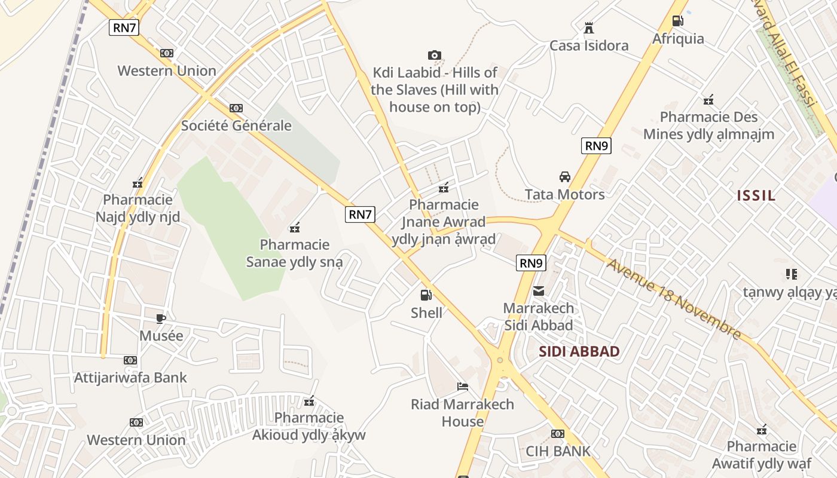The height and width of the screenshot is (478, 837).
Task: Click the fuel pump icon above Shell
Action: click(x=426, y=295)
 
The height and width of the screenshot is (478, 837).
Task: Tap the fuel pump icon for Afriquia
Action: click(x=678, y=21)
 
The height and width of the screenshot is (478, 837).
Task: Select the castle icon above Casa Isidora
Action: click(x=589, y=27)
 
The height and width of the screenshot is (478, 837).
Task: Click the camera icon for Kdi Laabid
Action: click(x=435, y=55)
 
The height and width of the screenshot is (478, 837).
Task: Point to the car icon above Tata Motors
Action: click(x=564, y=177)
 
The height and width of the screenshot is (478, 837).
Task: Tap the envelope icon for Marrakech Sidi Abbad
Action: click(x=539, y=291)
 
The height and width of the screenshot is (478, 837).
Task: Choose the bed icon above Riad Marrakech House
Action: click(x=462, y=387)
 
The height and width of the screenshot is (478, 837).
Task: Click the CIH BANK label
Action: click(x=558, y=451)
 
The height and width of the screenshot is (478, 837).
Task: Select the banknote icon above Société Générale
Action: click(x=236, y=108)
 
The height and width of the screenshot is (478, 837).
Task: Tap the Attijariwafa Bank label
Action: click(x=130, y=378)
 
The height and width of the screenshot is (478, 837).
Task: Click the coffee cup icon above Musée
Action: click(x=160, y=318)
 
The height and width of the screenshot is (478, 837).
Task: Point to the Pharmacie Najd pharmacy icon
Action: click(x=138, y=183)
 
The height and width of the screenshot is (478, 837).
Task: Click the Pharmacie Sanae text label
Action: click(x=295, y=253)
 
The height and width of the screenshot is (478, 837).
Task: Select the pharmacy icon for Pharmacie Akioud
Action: click(x=309, y=401)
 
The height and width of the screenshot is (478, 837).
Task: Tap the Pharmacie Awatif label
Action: click(x=762, y=455)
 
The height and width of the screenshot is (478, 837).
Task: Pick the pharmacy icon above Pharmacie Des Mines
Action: click(x=708, y=100)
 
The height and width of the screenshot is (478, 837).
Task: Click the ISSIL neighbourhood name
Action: click(x=756, y=195)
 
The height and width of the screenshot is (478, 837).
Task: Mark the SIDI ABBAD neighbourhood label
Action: click(x=579, y=351)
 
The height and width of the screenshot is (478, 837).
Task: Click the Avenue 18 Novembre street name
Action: click(x=674, y=298)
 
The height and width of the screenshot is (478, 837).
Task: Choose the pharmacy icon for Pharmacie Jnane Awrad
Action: click(x=444, y=188)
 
